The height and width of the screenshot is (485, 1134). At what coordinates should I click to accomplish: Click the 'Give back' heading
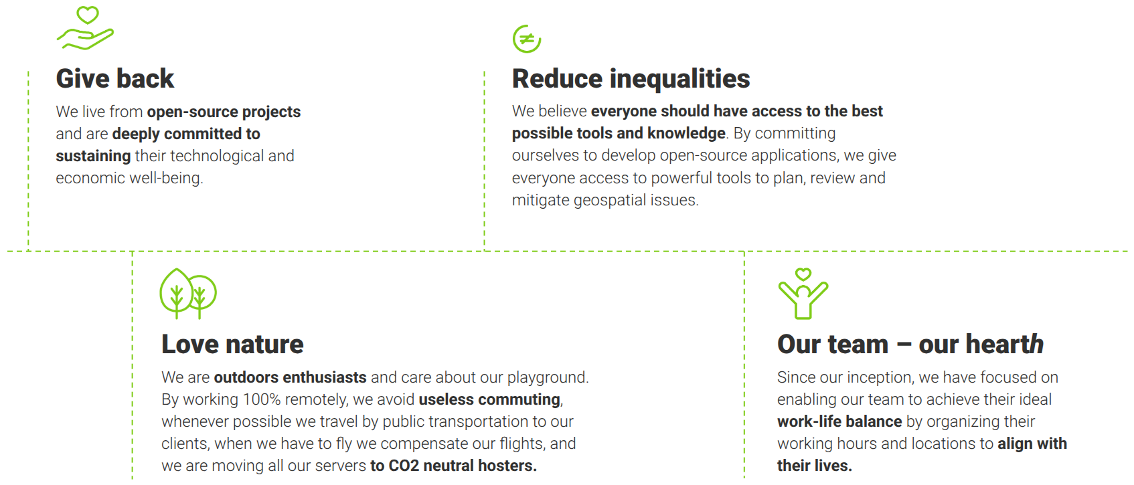(x=115, y=78)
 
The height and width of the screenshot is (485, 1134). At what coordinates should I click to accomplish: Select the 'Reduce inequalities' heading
(x=631, y=78)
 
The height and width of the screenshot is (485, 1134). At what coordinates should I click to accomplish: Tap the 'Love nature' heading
(x=232, y=345)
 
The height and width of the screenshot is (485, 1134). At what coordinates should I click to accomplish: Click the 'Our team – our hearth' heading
(x=910, y=345)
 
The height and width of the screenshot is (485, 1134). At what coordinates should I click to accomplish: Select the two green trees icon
(x=188, y=293)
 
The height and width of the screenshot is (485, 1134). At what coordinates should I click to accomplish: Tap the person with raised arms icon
(x=803, y=301)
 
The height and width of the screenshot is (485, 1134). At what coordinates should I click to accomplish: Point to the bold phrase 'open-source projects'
(x=224, y=112)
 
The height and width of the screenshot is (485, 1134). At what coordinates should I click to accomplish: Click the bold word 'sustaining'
(x=93, y=156)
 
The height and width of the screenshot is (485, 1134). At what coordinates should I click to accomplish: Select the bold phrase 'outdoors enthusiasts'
(x=290, y=377)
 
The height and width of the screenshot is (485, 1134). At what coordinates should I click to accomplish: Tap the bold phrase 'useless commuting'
(x=489, y=399)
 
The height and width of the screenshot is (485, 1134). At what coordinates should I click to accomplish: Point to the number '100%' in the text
(x=262, y=399)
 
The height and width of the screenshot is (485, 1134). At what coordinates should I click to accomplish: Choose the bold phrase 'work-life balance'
(x=839, y=421)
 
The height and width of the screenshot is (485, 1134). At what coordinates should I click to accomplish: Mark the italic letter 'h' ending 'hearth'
(x=1036, y=345)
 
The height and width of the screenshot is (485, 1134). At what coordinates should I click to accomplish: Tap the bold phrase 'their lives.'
(x=815, y=466)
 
